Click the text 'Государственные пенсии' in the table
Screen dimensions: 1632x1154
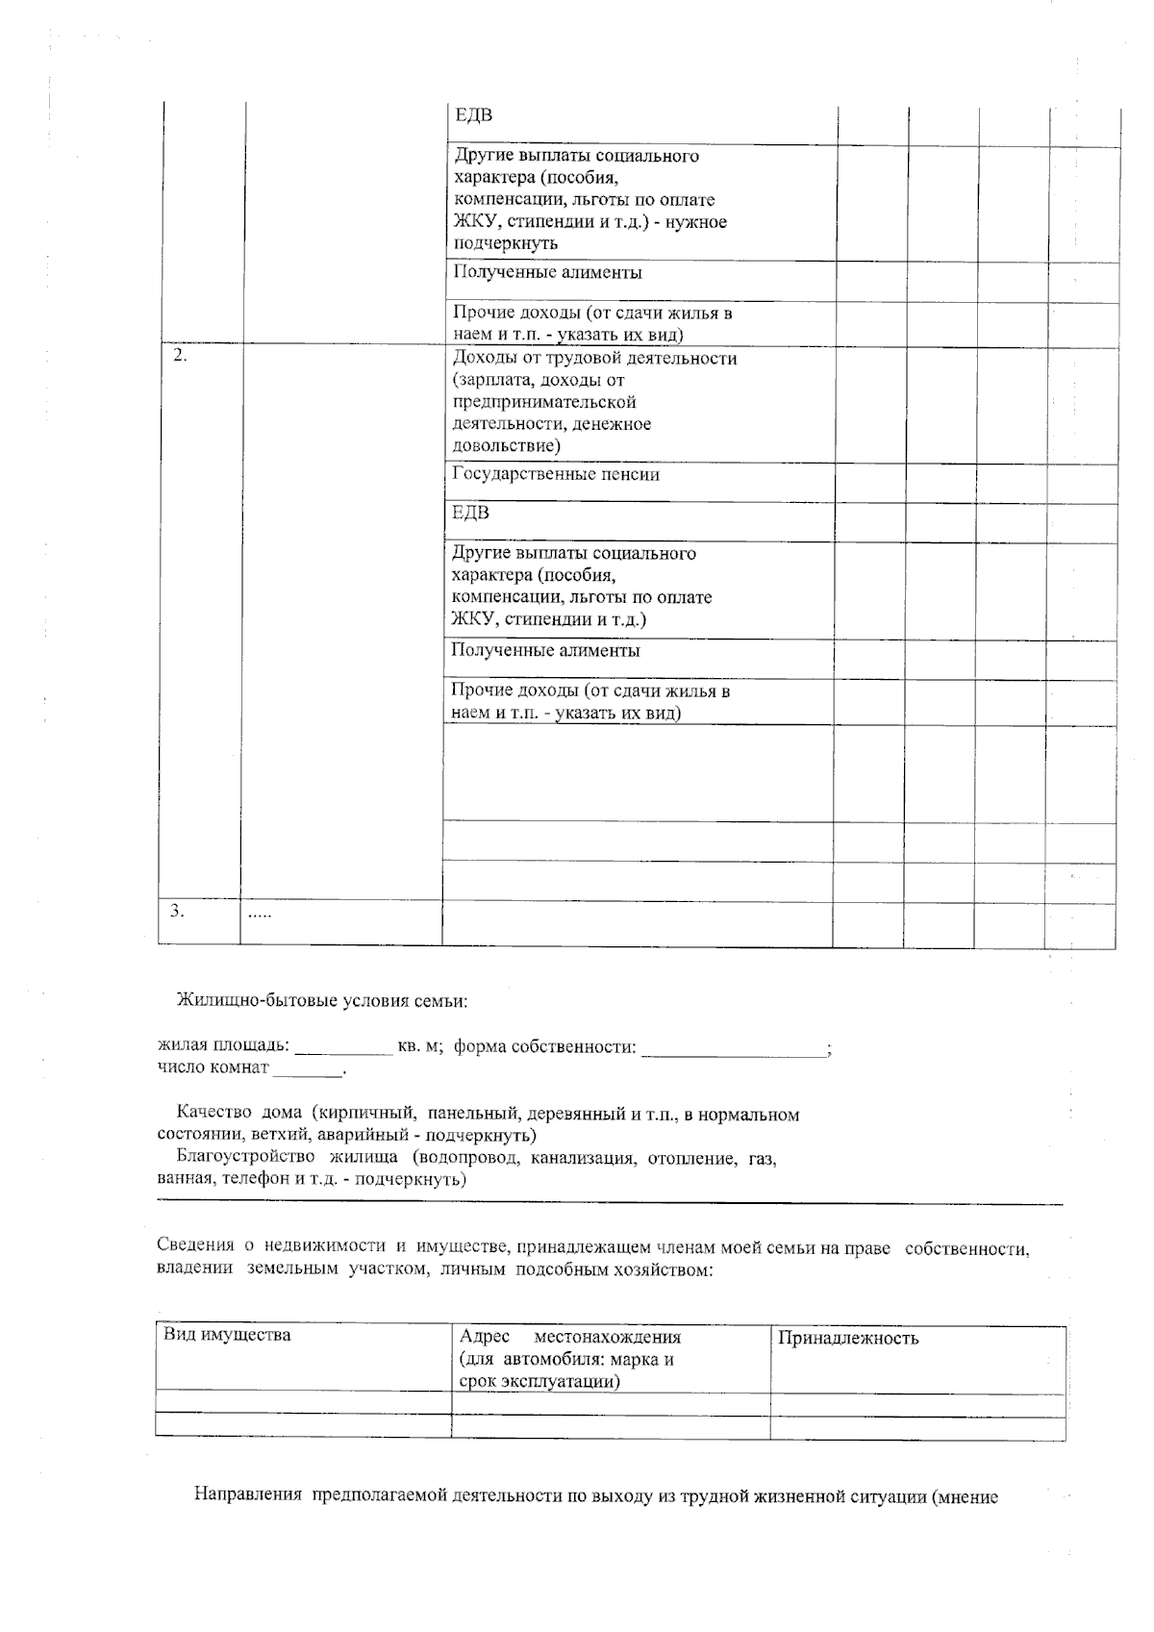(x=555, y=475)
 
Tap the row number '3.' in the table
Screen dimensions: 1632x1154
(x=178, y=911)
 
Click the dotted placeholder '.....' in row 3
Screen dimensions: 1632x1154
(x=260, y=914)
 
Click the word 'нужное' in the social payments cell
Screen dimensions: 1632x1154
(x=697, y=222)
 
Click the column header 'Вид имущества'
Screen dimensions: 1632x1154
(x=227, y=1336)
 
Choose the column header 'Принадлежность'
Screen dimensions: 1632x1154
(x=847, y=1339)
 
